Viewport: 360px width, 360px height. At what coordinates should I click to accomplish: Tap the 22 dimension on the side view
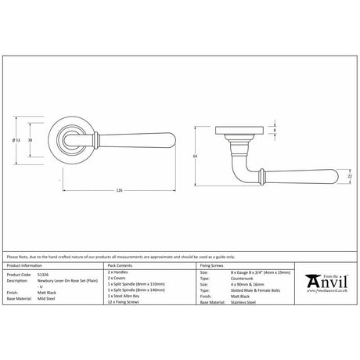coord(350,177)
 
